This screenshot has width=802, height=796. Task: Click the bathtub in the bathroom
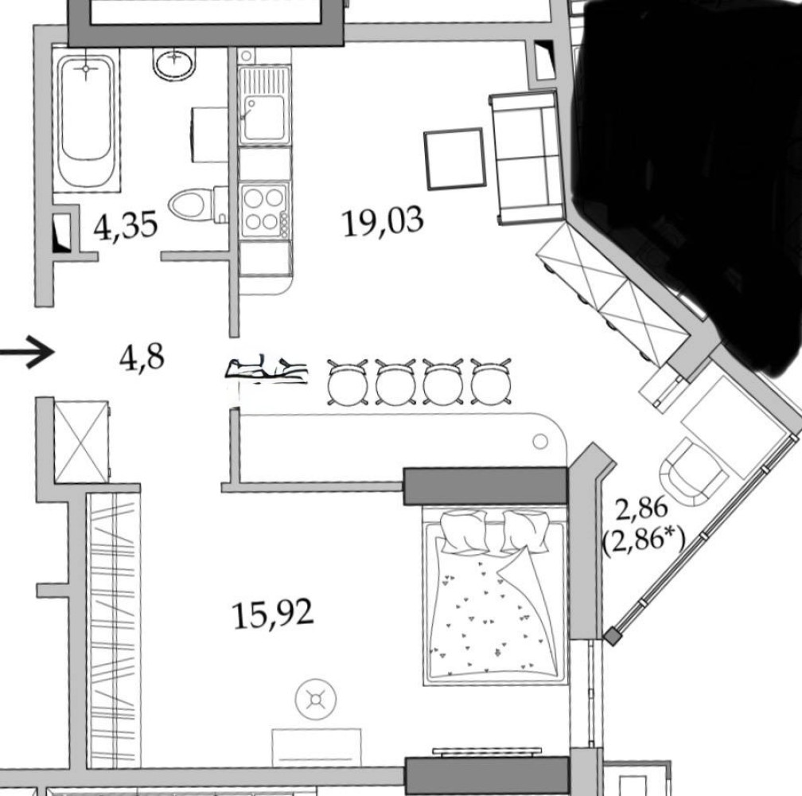pyautogui.click(x=86, y=121)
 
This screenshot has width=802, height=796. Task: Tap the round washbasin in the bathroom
pyautogui.click(x=175, y=64)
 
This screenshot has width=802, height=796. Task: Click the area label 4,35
pyautogui.click(x=126, y=226)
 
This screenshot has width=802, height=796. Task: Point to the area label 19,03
pyautogui.click(x=383, y=221)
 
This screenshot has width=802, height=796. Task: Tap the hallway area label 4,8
pyautogui.click(x=142, y=357)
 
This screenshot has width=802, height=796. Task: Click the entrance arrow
pyautogui.click(x=26, y=352)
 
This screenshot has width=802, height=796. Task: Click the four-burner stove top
pyautogui.click(x=265, y=209)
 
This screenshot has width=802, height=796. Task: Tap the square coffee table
pyautogui.click(x=454, y=159)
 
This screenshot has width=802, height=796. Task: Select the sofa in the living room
pyautogui.click(x=527, y=158)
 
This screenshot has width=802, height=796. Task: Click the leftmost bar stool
pyautogui.click(x=348, y=382)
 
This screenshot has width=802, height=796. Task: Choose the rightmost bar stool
pyautogui.click(x=490, y=382)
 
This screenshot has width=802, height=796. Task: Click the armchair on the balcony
pyautogui.click(x=692, y=472)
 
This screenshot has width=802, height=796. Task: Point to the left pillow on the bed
pyautogui.click(x=463, y=533)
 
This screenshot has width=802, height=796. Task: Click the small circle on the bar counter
pyautogui.click(x=540, y=441)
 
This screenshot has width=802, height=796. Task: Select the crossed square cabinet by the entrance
pyautogui.click(x=81, y=442)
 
